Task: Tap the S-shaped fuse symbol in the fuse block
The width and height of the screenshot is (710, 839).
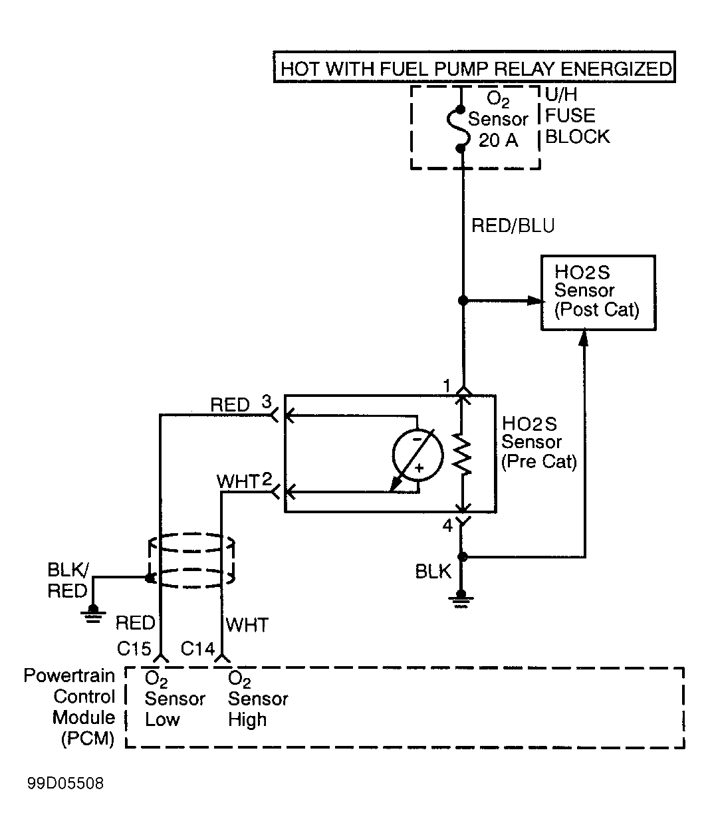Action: (x=459, y=129)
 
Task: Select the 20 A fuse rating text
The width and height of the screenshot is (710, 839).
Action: (x=498, y=140)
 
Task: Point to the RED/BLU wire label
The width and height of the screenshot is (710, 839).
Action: (x=513, y=225)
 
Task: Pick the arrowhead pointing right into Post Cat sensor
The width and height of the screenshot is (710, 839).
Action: (x=536, y=300)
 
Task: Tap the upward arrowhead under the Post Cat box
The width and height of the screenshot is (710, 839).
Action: (x=584, y=338)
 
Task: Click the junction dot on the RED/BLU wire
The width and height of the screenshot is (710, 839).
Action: (x=463, y=300)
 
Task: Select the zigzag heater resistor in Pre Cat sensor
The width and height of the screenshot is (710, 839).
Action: (x=462, y=453)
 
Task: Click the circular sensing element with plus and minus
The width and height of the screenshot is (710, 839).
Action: (x=417, y=455)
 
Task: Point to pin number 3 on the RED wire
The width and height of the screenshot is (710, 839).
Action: (x=267, y=402)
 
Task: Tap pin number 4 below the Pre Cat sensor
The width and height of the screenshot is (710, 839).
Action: (x=447, y=526)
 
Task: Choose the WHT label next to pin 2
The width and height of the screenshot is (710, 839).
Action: (x=237, y=482)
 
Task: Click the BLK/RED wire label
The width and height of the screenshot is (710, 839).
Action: (x=68, y=580)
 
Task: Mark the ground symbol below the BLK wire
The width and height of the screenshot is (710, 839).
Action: (x=461, y=598)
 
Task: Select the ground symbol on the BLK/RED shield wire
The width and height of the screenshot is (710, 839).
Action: (x=93, y=614)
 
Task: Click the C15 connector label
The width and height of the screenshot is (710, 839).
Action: (x=134, y=649)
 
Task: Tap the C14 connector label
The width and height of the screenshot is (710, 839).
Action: (x=197, y=649)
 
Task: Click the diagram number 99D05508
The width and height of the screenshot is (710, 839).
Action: (x=65, y=783)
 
